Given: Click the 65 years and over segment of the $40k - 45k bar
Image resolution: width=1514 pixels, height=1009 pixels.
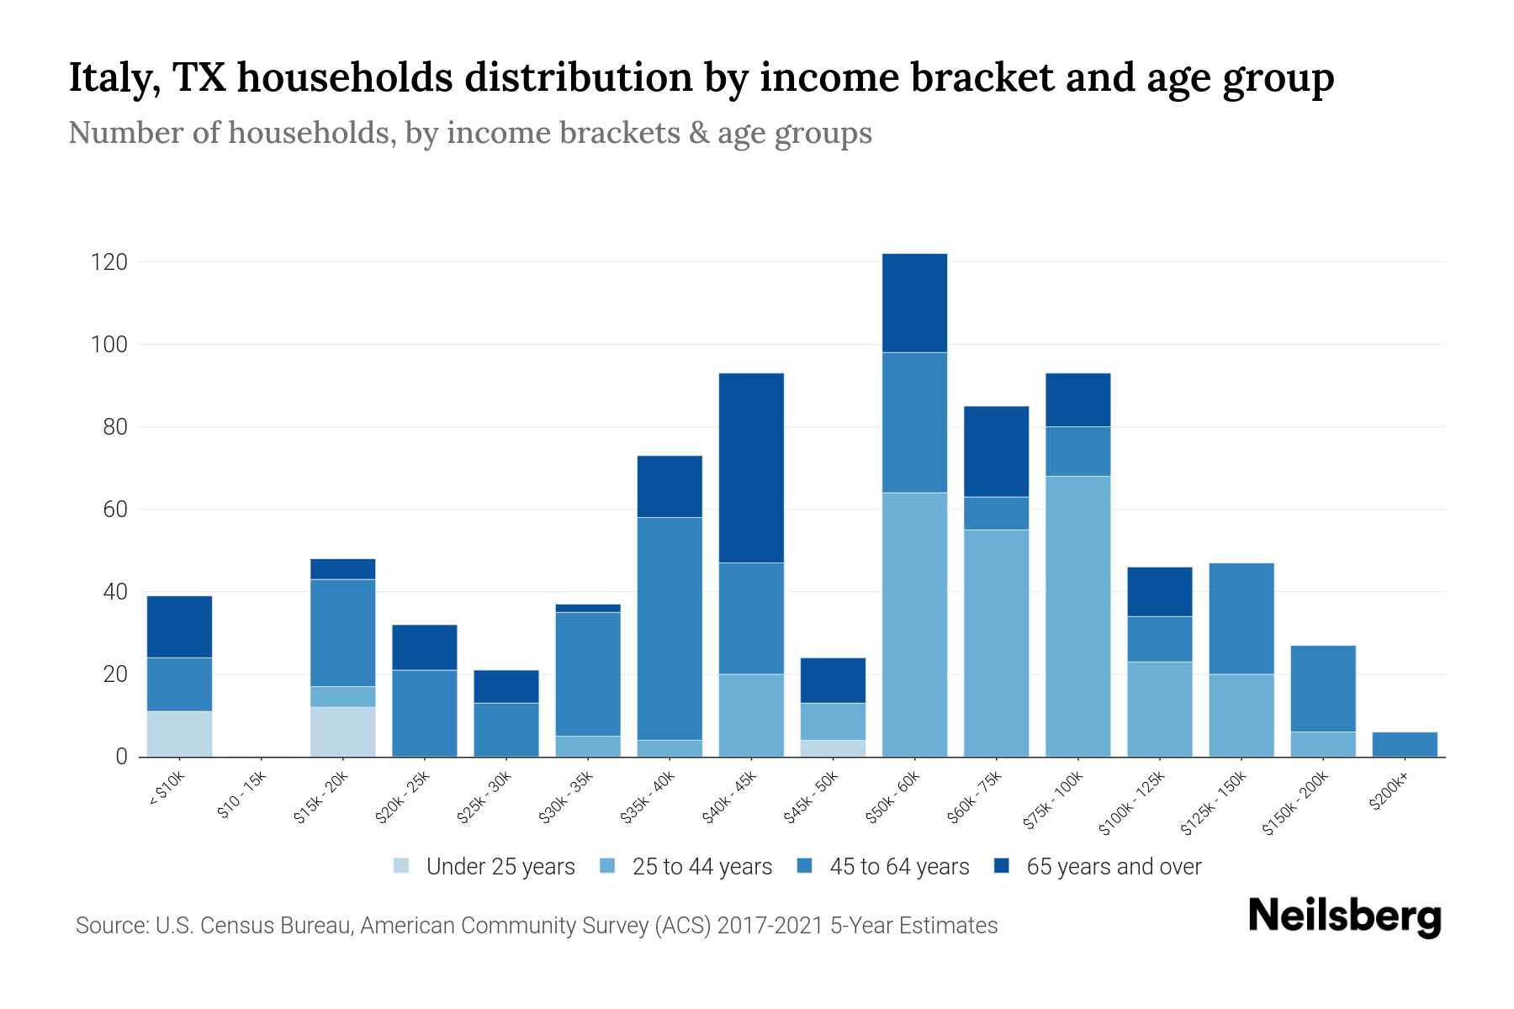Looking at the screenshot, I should (x=751, y=468).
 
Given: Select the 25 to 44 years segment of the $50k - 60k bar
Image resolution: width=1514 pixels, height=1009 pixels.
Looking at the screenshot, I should (x=914, y=624).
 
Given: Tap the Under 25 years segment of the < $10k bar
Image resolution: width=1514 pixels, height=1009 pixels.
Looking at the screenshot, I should (x=179, y=733).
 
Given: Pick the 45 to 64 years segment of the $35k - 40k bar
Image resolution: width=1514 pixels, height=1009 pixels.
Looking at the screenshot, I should (x=670, y=628).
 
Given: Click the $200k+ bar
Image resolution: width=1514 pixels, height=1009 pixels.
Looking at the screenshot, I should (x=1405, y=744).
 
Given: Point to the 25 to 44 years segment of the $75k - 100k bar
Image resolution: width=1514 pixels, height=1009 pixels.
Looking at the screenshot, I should (x=1077, y=616).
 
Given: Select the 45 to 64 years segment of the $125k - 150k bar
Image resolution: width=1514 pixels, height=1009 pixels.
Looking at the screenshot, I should (x=1241, y=618).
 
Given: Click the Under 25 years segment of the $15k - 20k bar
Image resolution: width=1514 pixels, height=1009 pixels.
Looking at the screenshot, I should (x=342, y=732).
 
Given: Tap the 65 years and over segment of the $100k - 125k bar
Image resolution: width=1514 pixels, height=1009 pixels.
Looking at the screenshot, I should (x=1159, y=592).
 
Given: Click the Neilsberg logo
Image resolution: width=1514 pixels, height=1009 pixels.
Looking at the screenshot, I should (x=1344, y=917).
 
